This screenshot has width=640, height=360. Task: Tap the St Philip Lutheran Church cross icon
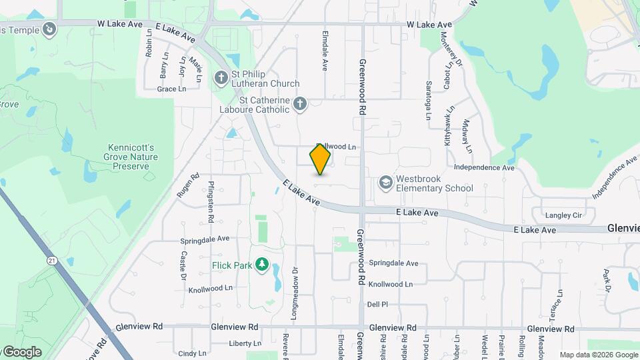[221, 79]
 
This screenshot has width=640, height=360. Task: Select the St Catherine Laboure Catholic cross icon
[300, 103]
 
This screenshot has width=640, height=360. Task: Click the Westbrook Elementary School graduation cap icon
[385, 182]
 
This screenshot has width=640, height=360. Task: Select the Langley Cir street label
[563, 215]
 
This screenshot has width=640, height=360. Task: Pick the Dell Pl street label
[377, 304]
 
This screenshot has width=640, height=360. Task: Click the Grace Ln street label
[171, 89]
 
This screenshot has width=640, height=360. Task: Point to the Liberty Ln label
[245, 343]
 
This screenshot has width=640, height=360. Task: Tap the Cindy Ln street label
[192, 353]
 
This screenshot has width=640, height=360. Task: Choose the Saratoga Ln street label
[429, 101]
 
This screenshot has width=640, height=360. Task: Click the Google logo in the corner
[21, 351]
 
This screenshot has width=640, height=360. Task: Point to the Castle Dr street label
[183, 265]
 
